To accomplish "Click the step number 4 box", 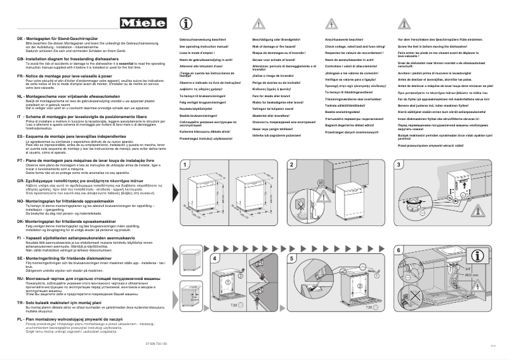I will [x=185, y=259].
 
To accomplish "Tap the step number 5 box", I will [x=291, y=259].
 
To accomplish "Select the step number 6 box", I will [x=399, y=259].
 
